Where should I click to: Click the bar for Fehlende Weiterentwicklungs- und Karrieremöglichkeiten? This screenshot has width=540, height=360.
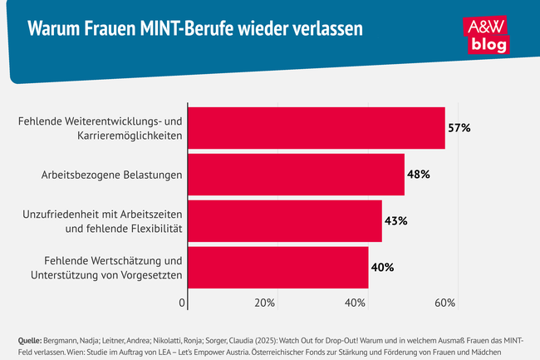pos(316,128)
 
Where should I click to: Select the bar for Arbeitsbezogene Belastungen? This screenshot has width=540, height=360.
pos(296,175)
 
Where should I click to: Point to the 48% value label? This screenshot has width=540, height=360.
pos(418,175)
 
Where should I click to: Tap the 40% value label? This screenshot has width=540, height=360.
pos(382,267)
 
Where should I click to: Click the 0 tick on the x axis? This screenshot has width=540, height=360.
pos(182,302)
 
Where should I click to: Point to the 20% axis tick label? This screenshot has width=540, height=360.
pos(264,302)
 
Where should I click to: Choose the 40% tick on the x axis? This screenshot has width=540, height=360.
pos(356,302)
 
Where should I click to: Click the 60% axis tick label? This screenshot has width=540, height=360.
pos(444,302)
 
